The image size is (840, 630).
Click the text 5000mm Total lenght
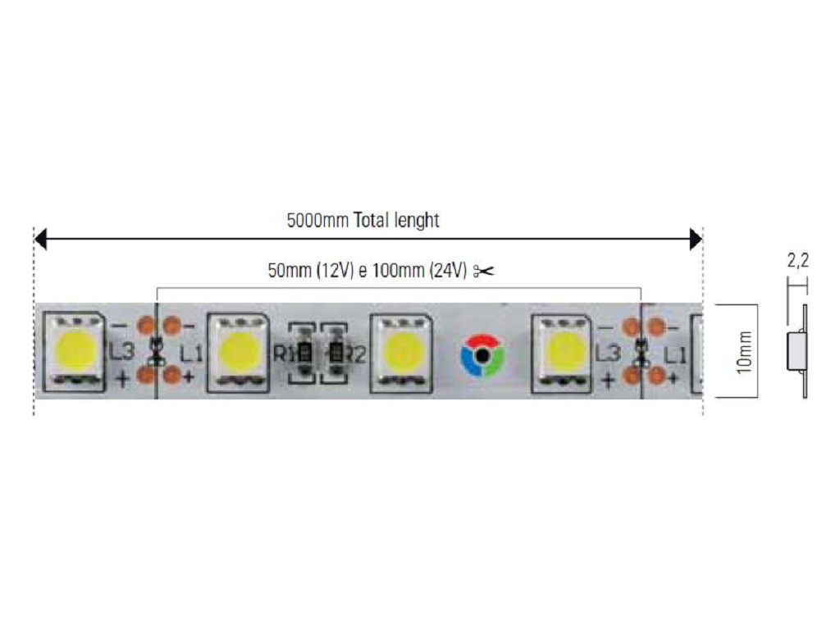(363, 220)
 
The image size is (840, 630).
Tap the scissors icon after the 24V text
(483, 271)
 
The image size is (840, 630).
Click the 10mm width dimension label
(744, 352)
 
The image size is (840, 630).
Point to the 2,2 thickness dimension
(797, 260)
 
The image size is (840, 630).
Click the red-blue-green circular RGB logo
(482, 355)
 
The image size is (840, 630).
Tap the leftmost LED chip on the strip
(74, 352)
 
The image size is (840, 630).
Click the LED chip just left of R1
(239, 353)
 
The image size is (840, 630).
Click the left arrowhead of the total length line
(40, 239)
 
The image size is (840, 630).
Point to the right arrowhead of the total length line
(696, 239)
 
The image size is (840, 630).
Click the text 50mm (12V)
(311, 271)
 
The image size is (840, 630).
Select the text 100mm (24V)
(420, 271)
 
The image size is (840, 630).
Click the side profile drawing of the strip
(797, 351)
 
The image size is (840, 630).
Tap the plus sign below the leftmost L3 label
(123, 379)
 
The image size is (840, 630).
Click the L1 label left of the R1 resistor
(191, 354)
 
